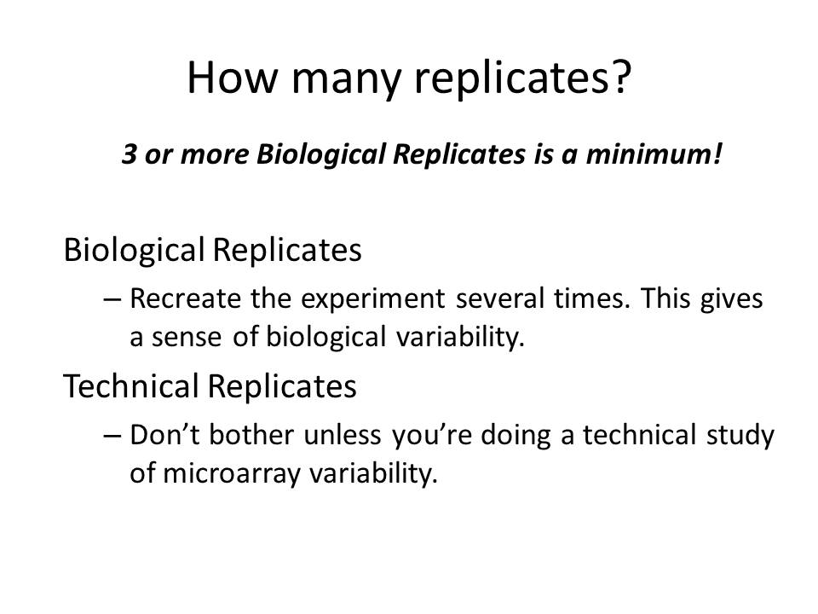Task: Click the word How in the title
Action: (233, 78)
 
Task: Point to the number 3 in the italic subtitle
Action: (130, 154)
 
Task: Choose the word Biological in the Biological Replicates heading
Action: (134, 250)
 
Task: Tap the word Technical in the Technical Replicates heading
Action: (131, 386)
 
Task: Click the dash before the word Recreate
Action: (112, 299)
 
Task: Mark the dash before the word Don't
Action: (112, 436)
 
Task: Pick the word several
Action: (500, 299)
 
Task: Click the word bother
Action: (251, 435)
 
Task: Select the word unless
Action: (343, 435)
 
